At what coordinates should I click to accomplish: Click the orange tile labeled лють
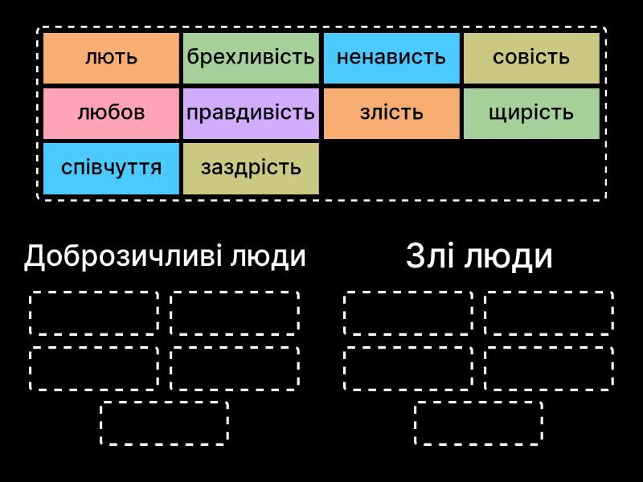tap(111, 58)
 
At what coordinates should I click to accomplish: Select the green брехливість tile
tap(251, 58)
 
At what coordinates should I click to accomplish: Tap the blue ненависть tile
tap(391, 58)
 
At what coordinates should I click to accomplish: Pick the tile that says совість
tap(531, 58)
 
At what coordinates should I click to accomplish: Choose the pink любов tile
tap(111, 113)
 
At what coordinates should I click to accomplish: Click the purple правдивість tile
tap(251, 113)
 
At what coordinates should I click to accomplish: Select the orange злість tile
tap(391, 113)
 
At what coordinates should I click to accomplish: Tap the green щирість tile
tap(531, 113)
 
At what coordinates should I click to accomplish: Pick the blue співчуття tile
tap(111, 169)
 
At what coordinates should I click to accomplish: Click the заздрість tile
tap(251, 169)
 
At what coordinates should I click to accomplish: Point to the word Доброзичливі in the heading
tap(123, 257)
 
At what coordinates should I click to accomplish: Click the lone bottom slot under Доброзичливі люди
tap(165, 423)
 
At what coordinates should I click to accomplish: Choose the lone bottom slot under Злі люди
tap(478, 423)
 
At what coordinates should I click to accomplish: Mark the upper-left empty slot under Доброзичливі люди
tap(94, 313)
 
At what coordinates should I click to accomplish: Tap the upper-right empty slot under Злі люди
tap(549, 313)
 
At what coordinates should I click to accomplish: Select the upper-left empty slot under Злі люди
tap(408, 313)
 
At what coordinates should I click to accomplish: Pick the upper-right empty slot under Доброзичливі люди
tap(235, 313)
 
